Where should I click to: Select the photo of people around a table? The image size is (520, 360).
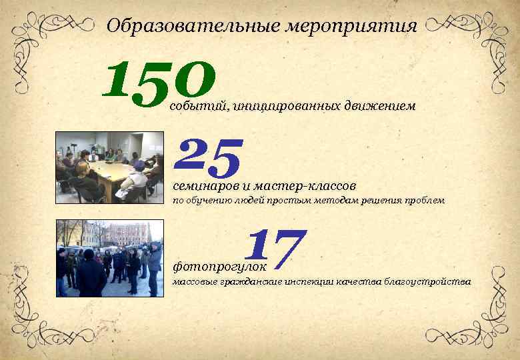[109, 167]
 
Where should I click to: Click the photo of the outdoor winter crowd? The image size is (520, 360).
[109, 258]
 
